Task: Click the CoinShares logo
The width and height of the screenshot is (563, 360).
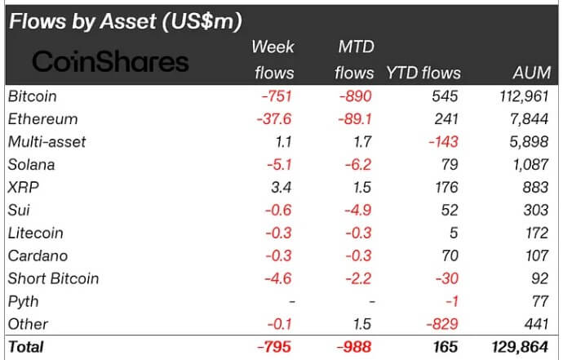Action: pyautogui.click(x=109, y=61)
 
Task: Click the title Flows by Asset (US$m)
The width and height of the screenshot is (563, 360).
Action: pyautogui.click(x=130, y=20)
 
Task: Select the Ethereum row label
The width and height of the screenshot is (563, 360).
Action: pyautogui.click(x=43, y=119)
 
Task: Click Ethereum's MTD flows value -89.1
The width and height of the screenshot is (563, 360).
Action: pyautogui.click(x=356, y=119)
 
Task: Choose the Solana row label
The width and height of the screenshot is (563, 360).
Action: pyautogui.click(x=31, y=165)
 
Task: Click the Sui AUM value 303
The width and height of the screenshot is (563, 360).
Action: pyautogui.click(x=538, y=210)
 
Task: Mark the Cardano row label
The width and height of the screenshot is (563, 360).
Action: pyautogui.click(x=37, y=256)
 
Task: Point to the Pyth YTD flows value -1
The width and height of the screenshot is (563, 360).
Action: pyautogui.click(x=453, y=301)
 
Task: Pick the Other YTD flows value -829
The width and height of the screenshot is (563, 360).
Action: pyautogui.click(x=446, y=324)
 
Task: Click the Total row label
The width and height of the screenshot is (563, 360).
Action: pyautogui.click(x=26, y=347)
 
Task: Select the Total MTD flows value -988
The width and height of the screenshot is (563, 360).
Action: pyautogui.click(x=357, y=347)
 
